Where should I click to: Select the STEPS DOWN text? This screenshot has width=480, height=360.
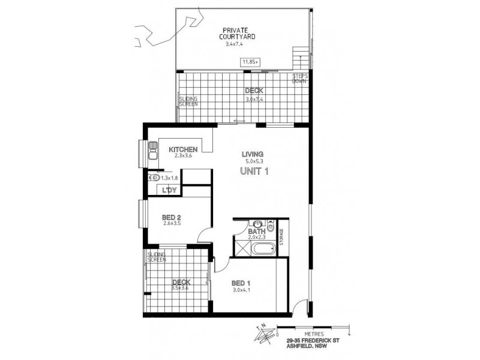(x=300, y=79)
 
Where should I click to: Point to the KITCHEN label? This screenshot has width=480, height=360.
(x=183, y=149)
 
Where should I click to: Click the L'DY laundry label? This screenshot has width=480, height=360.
(x=169, y=190)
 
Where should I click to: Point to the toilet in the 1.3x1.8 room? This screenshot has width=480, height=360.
(x=153, y=178)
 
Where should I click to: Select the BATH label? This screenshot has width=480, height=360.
(x=257, y=231)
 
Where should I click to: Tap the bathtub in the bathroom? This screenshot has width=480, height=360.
(x=262, y=249)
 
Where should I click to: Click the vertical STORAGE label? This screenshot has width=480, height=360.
(x=280, y=235)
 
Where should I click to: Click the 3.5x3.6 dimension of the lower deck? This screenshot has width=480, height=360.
(x=181, y=288)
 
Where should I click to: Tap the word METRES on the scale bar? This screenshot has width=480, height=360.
(x=314, y=334)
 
